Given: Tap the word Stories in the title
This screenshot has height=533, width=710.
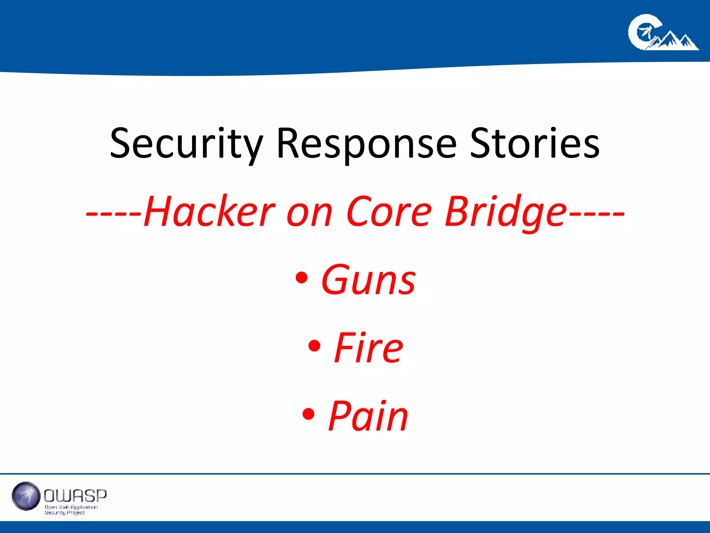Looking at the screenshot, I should (x=535, y=144).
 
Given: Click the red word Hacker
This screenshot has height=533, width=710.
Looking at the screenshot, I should (x=209, y=212).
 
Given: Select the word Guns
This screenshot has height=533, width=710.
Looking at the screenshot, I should (x=368, y=280).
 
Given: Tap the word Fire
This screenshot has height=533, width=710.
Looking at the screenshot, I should (x=369, y=348).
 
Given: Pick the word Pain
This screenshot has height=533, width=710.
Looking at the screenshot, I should (x=368, y=416).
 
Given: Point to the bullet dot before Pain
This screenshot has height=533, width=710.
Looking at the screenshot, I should (x=308, y=414).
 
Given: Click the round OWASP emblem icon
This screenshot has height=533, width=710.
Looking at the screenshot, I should (x=26, y=496).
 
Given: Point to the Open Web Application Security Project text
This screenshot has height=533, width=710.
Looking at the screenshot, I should (x=71, y=510).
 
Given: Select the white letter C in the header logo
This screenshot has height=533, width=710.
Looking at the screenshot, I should (x=641, y=32).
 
